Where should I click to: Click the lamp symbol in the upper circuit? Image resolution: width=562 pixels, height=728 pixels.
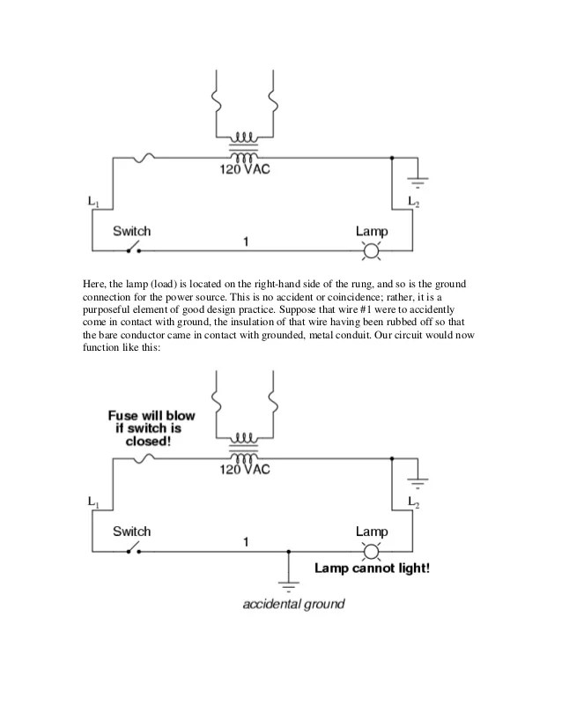click(372, 251)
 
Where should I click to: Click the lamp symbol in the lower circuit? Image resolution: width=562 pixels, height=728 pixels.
click(372, 552)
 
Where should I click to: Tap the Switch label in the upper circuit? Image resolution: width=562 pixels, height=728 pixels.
click(131, 231)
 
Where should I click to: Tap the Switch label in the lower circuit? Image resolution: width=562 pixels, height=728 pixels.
click(131, 531)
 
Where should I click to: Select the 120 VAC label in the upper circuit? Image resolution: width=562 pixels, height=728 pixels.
click(245, 169)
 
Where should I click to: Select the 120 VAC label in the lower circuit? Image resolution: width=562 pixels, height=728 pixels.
click(245, 469)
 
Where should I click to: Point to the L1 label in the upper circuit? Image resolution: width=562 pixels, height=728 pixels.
click(93, 202)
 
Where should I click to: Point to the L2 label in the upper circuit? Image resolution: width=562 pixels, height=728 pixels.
click(413, 202)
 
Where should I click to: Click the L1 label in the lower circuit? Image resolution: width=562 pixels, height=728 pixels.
click(93, 501)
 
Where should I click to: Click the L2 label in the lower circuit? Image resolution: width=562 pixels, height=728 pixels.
click(413, 501)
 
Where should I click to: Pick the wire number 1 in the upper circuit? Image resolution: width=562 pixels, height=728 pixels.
click(246, 241)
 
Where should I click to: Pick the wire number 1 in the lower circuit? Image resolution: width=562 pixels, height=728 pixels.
click(246, 541)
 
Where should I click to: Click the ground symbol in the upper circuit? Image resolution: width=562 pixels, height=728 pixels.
click(418, 182)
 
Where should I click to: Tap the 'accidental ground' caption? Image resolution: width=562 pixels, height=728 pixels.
click(293, 605)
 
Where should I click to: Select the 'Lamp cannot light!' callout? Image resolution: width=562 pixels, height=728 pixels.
click(373, 568)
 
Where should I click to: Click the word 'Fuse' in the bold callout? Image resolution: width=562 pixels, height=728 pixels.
click(125, 414)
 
